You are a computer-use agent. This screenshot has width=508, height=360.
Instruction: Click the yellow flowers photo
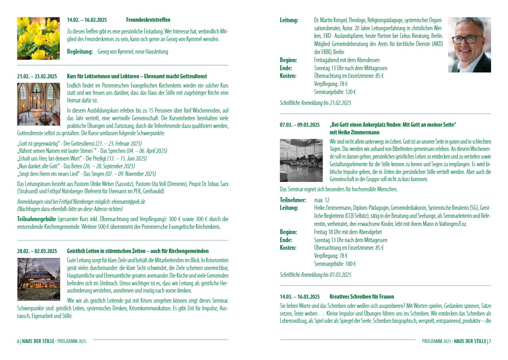coord(38,38)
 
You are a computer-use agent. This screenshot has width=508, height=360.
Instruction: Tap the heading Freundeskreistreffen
coord(148,20)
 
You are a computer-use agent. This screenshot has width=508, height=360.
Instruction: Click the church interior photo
coord(38,104)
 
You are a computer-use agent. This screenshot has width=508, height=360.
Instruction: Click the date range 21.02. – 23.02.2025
coord(37,76)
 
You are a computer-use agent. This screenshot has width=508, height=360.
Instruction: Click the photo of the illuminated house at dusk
coord(38,279)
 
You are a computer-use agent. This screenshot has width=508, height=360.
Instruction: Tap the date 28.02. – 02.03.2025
coord(37,251)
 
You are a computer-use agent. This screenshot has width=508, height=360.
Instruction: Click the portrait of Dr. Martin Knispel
coord(469,45)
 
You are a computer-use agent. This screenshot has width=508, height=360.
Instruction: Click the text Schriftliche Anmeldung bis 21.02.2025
coord(315,103)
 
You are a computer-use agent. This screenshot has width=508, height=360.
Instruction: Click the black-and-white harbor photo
coord(301,160)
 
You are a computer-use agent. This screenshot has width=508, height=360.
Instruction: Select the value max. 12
coord(322,200)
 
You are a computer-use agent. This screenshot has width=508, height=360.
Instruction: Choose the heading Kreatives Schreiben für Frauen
coord(361,297)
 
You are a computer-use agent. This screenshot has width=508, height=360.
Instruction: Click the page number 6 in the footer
coord(18,341)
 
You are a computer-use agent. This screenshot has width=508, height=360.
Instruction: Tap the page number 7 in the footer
coord(490,341)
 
